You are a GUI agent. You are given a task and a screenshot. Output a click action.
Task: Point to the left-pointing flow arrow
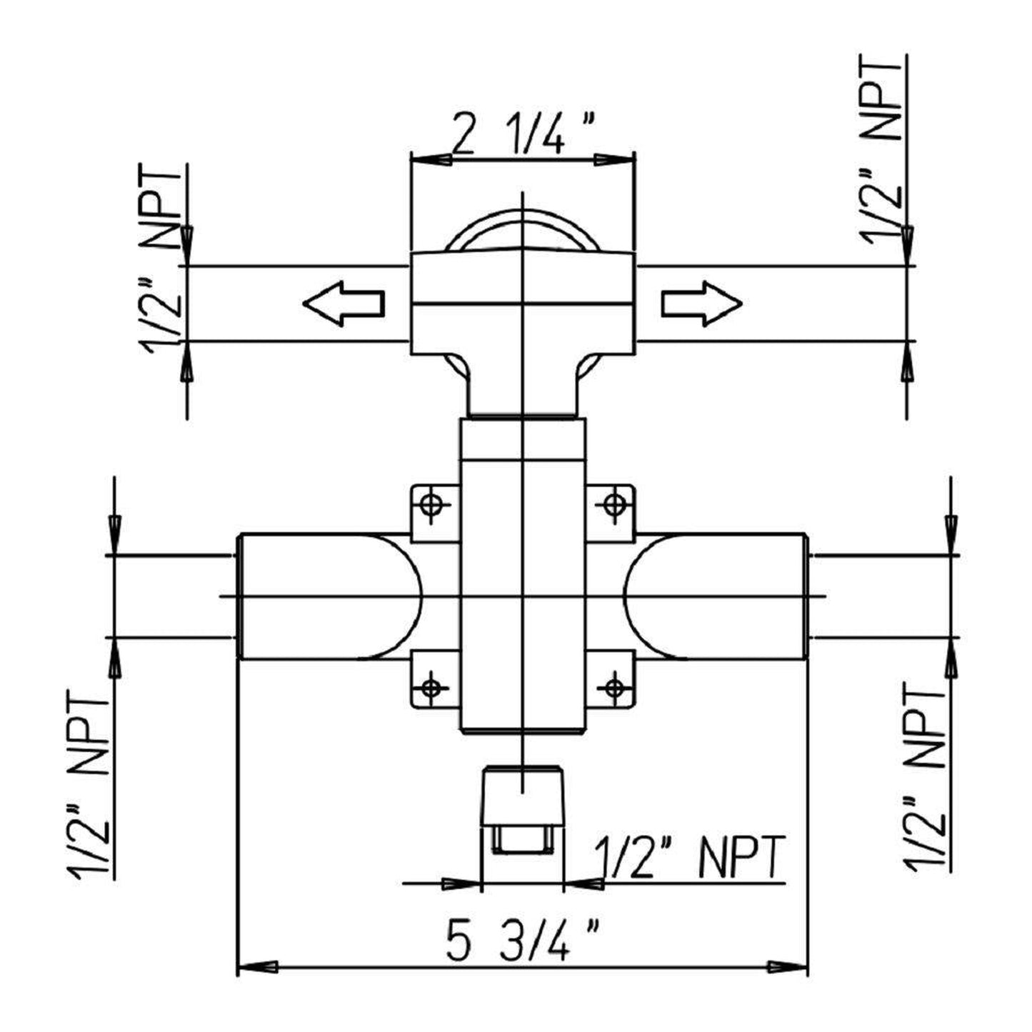pyautogui.click(x=344, y=304)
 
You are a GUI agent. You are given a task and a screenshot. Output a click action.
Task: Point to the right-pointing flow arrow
pyautogui.click(x=702, y=304)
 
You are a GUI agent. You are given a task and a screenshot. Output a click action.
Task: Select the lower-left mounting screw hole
pyautogui.click(x=431, y=688)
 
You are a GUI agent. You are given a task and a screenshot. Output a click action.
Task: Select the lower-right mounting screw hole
pyautogui.click(x=613, y=688)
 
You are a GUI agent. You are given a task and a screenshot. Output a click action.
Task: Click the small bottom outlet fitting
pyautogui.click(x=523, y=807)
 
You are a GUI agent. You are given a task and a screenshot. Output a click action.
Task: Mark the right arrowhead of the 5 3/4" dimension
pyautogui.click(x=788, y=967)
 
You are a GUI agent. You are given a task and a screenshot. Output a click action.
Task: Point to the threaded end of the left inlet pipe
pyautogui.click(x=241, y=596)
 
